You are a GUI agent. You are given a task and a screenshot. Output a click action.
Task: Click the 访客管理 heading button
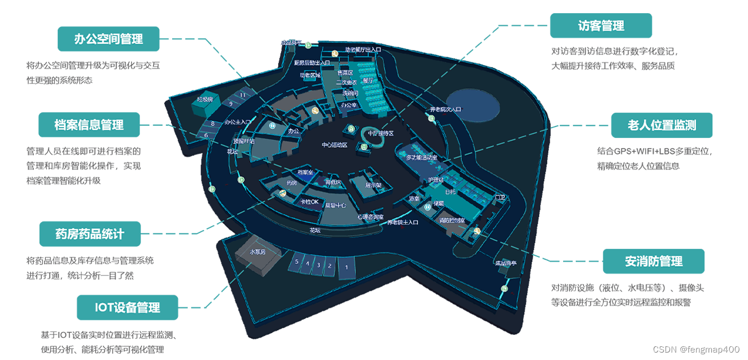[x=600, y=26]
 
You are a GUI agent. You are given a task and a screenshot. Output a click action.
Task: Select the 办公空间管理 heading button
[x=108, y=39]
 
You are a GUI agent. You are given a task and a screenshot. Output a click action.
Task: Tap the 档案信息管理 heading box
[x=89, y=125]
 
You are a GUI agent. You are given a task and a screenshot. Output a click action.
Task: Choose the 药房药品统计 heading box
[x=89, y=234]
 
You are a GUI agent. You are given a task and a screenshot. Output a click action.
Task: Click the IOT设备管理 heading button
[x=127, y=307]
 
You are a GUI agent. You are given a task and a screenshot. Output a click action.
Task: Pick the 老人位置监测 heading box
[x=662, y=125]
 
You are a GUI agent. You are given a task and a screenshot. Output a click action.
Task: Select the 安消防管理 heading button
[x=654, y=262]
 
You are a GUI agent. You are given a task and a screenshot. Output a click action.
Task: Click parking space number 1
[x=346, y=267]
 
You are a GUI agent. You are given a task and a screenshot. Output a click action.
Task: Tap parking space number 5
[x=296, y=261]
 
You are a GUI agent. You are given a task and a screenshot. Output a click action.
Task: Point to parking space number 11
[x=243, y=95]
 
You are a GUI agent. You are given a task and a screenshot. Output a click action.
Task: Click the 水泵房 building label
[x=258, y=252]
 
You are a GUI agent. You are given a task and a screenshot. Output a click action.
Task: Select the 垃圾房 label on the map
[x=205, y=100]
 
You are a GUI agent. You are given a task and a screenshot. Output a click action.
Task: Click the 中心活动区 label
[x=335, y=145]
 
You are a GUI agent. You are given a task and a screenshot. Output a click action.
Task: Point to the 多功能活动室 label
[x=421, y=157]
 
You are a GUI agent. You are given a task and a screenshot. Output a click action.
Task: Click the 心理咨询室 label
[x=370, y=216]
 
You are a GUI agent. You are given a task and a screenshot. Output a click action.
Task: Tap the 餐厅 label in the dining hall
[x=367, y=80]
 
